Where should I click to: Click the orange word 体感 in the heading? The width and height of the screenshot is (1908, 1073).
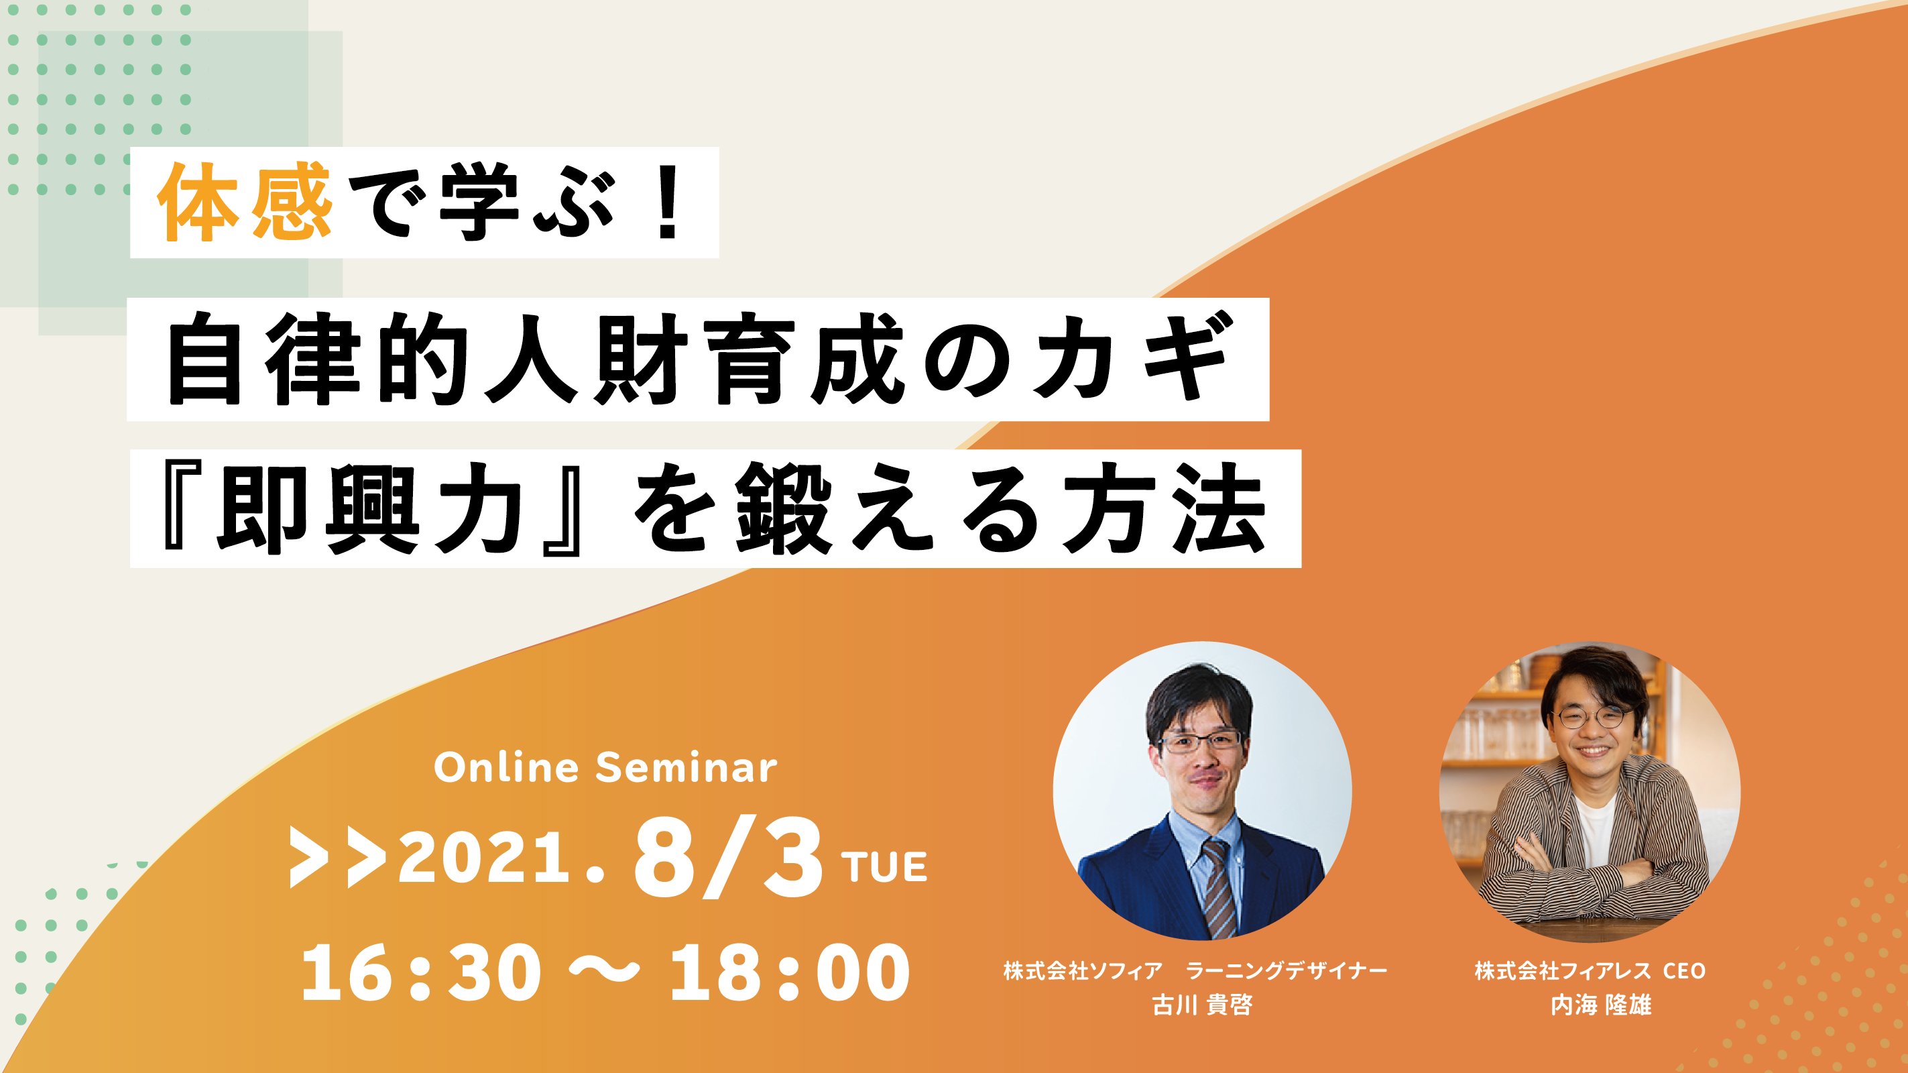coord(245,202)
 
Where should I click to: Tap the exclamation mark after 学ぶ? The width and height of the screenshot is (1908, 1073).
coord(669,202)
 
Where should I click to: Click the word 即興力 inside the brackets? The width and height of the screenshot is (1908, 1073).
coord(370,509)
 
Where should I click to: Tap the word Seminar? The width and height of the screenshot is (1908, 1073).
coord(687,768)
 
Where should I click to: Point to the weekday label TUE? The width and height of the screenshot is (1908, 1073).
coord(884,867)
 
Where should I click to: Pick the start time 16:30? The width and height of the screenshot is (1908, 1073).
coord(421,972)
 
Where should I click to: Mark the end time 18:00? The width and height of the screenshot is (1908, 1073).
coord(790,972)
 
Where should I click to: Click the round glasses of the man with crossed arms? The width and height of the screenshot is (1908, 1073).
coord(1594,717)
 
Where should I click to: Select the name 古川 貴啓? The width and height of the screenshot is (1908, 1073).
coord(1202,1005)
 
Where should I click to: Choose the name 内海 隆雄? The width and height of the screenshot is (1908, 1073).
coord(1602,1005)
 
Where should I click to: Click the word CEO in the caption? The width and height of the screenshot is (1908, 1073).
coord(1684,971)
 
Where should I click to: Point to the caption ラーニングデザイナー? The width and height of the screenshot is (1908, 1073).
coord(1287,971)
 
